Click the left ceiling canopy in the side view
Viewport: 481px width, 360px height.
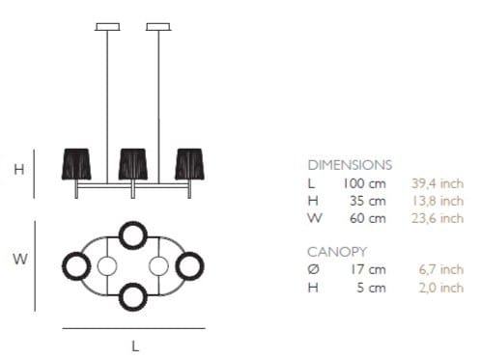(107, 27)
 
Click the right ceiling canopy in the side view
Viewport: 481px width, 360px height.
(158, 27)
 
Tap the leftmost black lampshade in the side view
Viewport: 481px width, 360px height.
(76, 164)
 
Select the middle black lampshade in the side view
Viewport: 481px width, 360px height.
(133, 164)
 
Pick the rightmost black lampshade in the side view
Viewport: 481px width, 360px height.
(189, 164)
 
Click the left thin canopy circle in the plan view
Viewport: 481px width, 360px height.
(98, 266)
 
